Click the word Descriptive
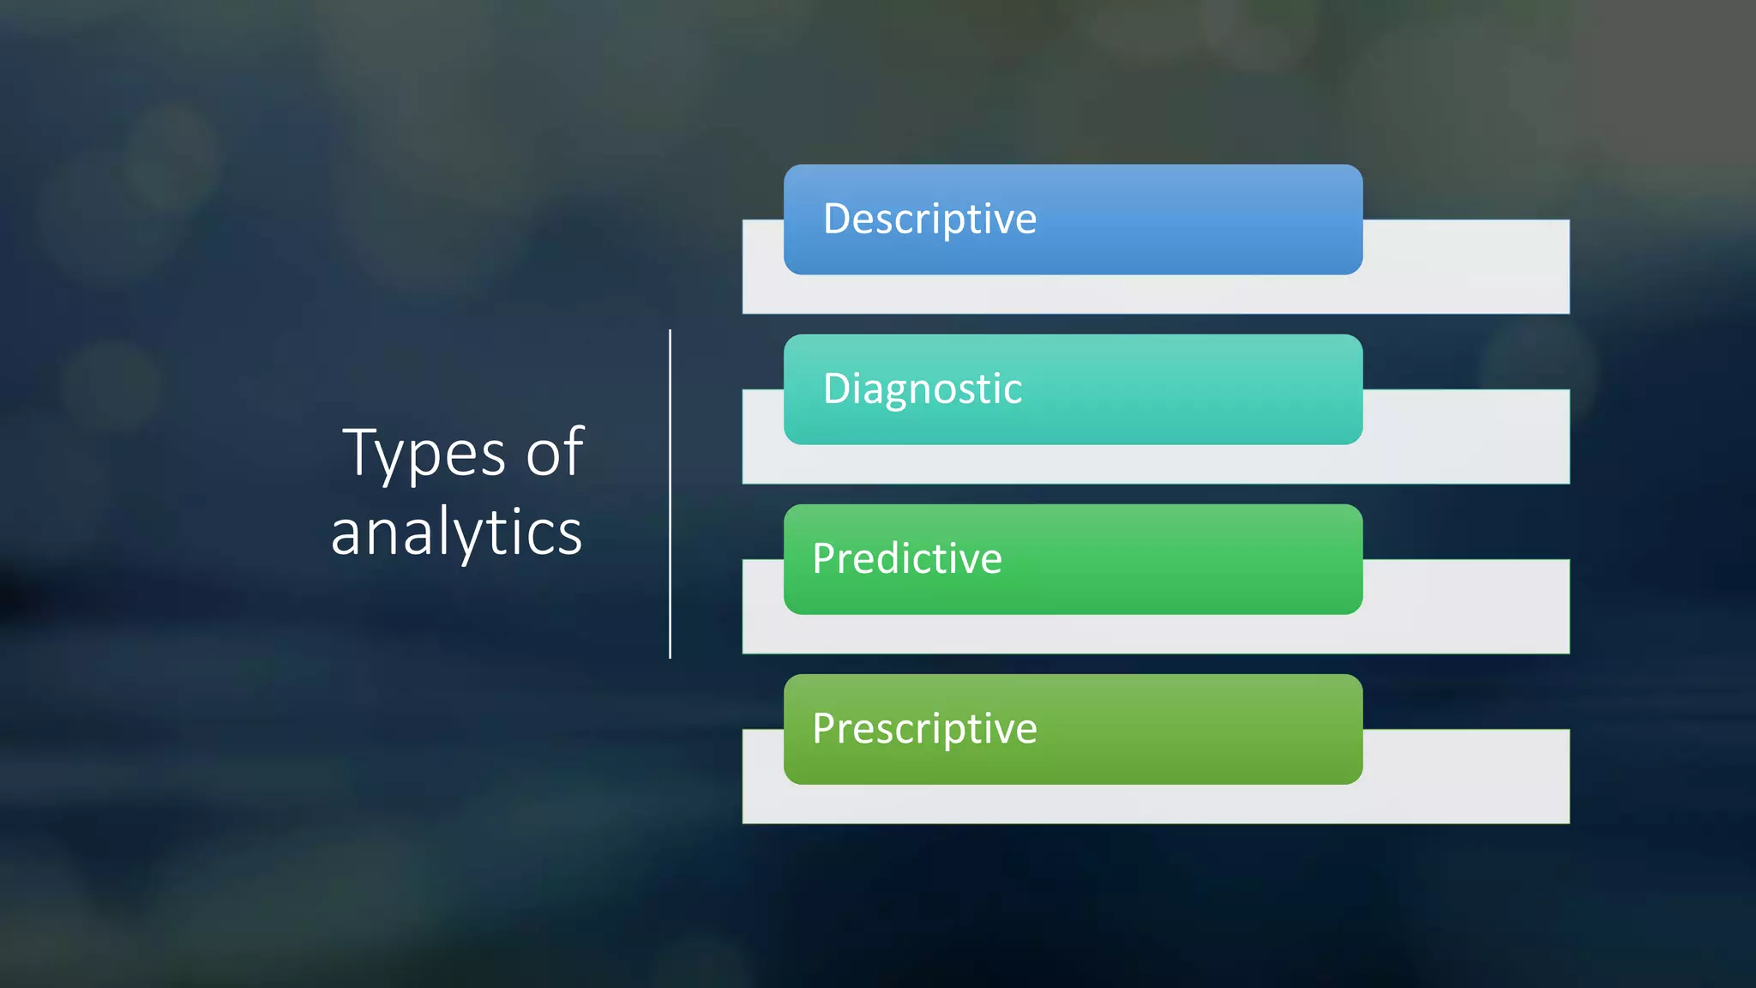(x=929, y=219)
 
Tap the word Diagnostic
(x=922, y=389)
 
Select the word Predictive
(x=906, y=558)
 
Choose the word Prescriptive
(x=924, y=728)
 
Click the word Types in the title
(x=424, y=453)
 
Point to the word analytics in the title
(x=456, y=532)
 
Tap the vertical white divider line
(x=670, y=493)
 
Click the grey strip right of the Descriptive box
(x=1466, y=266)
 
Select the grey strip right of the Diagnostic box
(x=1466, y=436)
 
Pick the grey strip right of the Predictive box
(x=1466, y=605)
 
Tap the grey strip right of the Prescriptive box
(x=1466, y=775)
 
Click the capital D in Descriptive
(x=837, y=218)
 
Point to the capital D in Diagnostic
(x=837, y=388)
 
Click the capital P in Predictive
(x=824, y=558)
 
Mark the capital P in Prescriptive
(x=824, y=728)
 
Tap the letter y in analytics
(x=470, y=536)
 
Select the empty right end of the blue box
(x=1243, y=220)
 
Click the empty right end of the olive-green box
(x=1243, y=729)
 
